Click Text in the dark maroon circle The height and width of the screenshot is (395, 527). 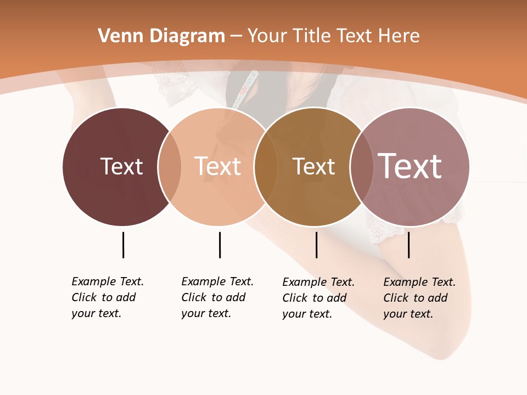121,166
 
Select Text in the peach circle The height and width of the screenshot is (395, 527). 217,166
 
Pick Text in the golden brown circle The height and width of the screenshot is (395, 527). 313,166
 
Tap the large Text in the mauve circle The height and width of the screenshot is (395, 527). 410,166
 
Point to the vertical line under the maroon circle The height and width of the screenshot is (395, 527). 123,245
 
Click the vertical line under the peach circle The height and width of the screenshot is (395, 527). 220,245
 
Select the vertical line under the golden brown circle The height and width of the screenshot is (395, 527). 316,245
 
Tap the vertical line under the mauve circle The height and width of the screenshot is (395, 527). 408,245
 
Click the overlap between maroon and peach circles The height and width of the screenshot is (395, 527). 170,167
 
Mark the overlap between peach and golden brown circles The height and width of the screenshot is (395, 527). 266,167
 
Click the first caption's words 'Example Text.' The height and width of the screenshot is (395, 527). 108,281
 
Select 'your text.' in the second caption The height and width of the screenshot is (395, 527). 206,313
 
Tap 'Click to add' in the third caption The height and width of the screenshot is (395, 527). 314,298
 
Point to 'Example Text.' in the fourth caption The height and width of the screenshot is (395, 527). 419,282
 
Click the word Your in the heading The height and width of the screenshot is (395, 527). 266,36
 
